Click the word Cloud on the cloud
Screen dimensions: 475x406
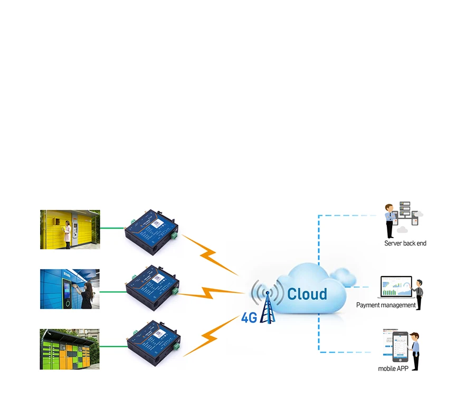point(307,294)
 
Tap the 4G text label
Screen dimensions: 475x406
point(249,317)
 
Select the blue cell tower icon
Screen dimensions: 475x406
point(267,307)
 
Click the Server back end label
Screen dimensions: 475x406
point(405,243)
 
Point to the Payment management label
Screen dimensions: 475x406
point(386,305)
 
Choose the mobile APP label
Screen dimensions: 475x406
point(393,369)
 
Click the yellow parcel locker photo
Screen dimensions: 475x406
point(70,229)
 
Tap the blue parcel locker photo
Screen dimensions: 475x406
point(70,289)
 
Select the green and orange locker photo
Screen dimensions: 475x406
point(70,349)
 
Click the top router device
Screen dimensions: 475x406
point(151,232)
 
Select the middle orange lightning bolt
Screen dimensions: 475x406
point(211,293)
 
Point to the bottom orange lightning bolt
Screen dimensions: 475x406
point(211,336)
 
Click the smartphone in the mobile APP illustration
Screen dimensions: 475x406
point(400,347)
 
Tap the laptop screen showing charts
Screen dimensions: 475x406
point(396,286)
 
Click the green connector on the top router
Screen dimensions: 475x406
point(174,235)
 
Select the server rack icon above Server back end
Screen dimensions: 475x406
point(405,209)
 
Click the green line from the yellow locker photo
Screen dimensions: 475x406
point(112,228)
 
